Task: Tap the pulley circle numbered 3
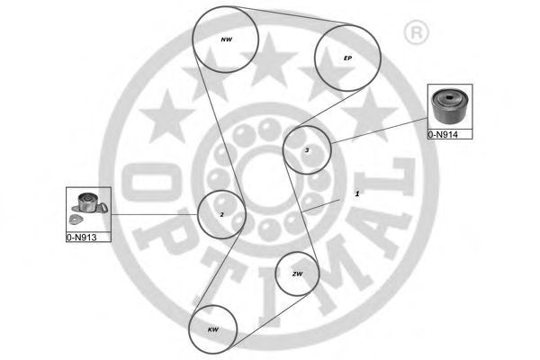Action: coord(307,149)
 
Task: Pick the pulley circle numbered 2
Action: coord(221,214)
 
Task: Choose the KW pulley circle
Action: coord(213,328)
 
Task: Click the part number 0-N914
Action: coord(443,133)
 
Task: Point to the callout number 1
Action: coord(356,193)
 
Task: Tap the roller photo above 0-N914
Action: coord(448,107)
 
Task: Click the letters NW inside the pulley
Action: coord(227,40)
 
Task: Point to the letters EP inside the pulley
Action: coord(347,58)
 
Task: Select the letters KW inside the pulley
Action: coord(213,329)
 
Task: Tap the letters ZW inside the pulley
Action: coord(297,274)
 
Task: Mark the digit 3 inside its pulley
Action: coord(307,150)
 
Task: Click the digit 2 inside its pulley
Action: coord(221,214)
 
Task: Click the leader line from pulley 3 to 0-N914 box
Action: coord(378,132)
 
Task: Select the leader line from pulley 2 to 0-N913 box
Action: coord(153,214)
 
